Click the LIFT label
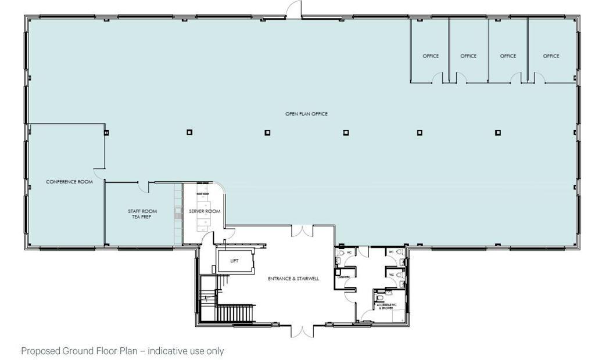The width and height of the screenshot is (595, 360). click(235, 261)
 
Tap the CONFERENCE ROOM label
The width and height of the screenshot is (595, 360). click(69, 182)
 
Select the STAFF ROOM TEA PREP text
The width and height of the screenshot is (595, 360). click(142, 214)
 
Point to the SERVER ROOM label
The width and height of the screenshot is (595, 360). click(205, 211)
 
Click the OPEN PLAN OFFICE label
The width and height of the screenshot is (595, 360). click(306, 114)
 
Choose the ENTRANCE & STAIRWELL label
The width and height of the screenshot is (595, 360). click(291, 279)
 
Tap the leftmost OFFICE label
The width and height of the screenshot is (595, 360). click(431, 56)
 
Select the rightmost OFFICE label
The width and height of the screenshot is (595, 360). click(551, 56)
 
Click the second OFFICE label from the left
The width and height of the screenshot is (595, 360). click(468, 56)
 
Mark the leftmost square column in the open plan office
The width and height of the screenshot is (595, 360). click(189, 132)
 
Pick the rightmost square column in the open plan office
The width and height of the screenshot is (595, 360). click(497, 132)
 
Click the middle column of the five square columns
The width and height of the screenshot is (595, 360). click(346, 132)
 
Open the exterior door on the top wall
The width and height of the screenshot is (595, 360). click(295, 9)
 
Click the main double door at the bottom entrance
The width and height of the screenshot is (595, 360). click(302, 331)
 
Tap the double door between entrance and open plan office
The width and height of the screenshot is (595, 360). click(302, 231)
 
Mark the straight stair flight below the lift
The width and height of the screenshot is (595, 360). click(235, 314)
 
